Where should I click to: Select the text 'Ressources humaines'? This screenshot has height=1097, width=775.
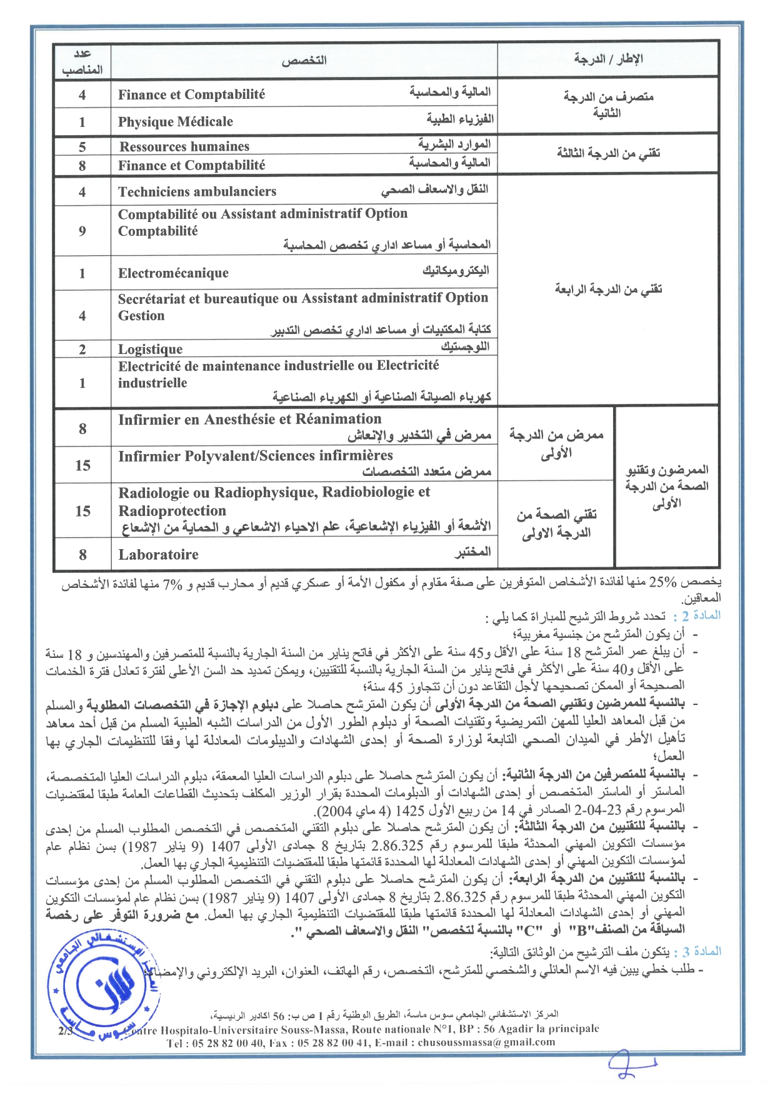184,146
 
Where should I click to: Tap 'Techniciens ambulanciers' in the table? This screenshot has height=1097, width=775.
197,191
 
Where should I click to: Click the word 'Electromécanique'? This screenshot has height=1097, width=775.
173,273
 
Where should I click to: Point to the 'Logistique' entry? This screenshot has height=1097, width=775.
150,349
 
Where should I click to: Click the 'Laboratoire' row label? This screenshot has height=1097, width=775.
158,554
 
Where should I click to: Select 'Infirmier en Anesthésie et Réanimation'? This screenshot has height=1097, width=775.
249,419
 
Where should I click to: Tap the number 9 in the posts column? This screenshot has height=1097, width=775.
82,231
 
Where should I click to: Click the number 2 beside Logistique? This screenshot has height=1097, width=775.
82,349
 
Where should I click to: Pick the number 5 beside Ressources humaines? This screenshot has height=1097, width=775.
82,147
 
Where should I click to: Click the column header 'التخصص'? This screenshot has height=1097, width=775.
304,61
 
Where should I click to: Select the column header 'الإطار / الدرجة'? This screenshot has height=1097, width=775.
608,59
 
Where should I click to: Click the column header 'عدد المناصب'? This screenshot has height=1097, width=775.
82,62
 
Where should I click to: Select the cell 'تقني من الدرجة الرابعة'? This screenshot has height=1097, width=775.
608,289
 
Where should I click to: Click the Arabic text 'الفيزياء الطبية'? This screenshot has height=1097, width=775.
460,119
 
